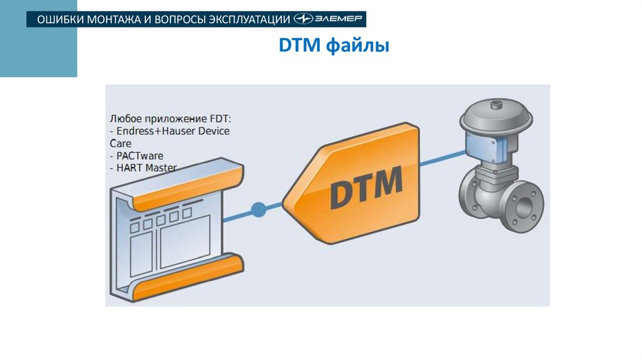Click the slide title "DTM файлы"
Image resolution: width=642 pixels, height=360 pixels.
click(x=334, y=46)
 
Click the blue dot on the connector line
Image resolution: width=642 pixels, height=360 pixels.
click(x=258, y=209)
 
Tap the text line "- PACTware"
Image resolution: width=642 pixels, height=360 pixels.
click(x=134, y=155)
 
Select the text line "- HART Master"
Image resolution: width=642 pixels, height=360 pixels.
click(x=143, y=167)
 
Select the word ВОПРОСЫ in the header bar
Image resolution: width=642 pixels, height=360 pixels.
click(x=179, y=19)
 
